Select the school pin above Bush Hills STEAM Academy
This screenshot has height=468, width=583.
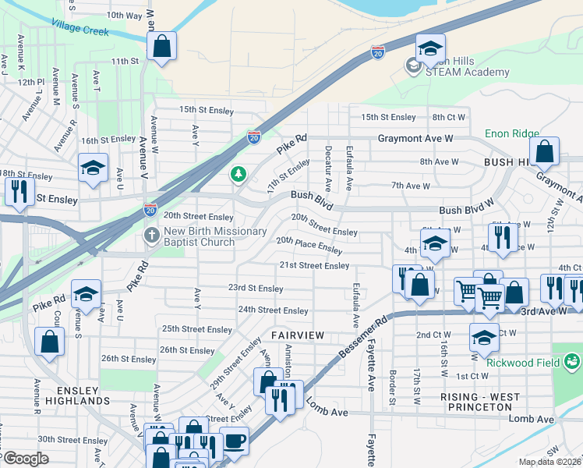pos(429,49)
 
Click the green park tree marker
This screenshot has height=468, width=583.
pos(238,175)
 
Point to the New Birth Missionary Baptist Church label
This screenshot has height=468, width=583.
pos(199,236)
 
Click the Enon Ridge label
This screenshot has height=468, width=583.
pos(511,133)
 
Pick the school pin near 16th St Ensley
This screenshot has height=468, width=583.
pos(93,168)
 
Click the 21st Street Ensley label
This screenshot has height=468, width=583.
pos(314,265)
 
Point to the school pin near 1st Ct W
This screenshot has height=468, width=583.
pos(484,338)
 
